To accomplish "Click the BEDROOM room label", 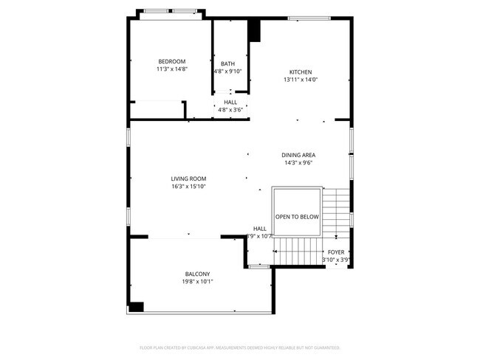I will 171,61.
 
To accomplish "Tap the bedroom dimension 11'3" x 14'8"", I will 171,69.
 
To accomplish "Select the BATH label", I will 227,63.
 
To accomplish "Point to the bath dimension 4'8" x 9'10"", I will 227,72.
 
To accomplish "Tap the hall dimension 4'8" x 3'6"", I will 230,110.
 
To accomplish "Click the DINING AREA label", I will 298,155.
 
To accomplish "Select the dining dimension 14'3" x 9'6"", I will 298,163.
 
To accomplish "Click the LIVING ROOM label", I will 188,179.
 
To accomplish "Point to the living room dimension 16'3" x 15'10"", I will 188,187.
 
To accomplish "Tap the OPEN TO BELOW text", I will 297,217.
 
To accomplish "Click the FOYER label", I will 336,252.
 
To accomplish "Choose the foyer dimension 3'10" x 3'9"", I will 336,260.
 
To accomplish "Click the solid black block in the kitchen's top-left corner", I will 255,30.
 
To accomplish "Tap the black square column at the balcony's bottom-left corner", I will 137,306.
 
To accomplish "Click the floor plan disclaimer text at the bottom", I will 239,347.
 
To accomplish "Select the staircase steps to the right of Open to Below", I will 337,210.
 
